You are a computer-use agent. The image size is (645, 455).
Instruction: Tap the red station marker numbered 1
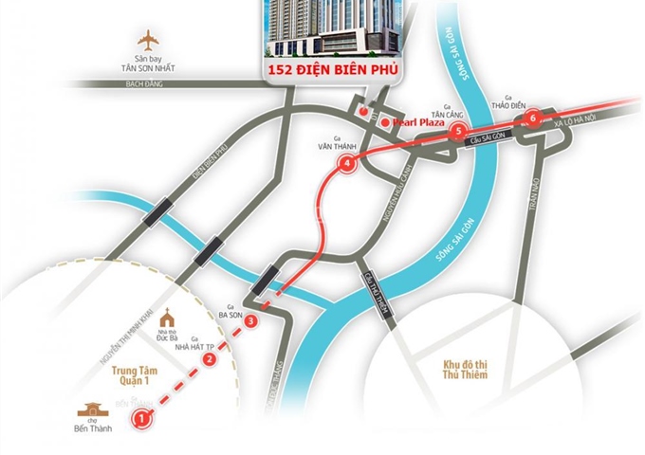141,416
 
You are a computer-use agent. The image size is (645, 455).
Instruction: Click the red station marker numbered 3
249,322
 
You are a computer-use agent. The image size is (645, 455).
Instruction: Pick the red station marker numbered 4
347,163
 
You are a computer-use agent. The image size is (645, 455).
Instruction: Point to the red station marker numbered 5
458,131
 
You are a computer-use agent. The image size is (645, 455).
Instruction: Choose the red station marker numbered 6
533,118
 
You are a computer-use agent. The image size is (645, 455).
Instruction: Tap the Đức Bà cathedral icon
168,315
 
